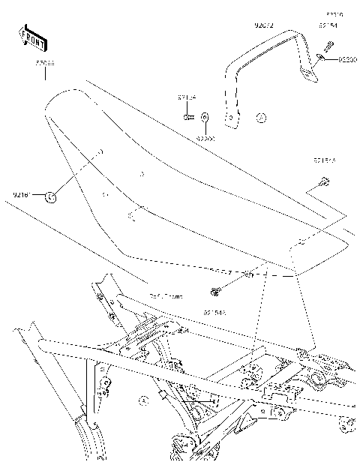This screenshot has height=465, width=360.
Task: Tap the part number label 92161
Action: click(21, 196)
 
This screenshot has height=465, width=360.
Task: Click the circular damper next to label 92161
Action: click(50, 196)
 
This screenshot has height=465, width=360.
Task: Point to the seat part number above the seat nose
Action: click(44, 76)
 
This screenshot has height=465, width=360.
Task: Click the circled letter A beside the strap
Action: click(260, 117)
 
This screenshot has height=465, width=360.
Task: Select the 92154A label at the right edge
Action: click(325, 160)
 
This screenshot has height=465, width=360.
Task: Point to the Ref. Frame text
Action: click(166, 297)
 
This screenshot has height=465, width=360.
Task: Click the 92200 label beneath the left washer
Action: click(206, 138)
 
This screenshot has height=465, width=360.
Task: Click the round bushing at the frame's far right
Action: click(346, 427)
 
